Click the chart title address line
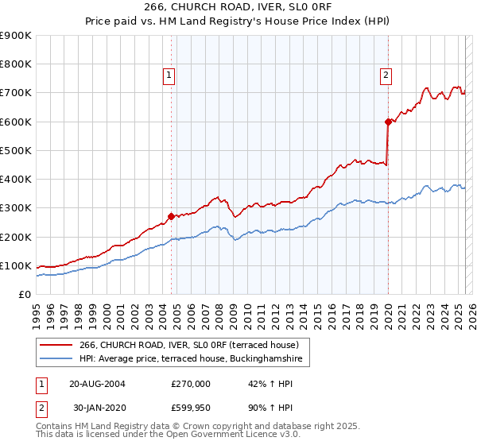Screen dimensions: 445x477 click(238, 8)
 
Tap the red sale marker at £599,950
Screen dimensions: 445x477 click(388, 122)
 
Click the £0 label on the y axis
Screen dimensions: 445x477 click(24, 294)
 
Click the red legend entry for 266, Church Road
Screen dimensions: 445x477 click(188, 345)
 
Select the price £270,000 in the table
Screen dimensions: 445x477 click(191, 384)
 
